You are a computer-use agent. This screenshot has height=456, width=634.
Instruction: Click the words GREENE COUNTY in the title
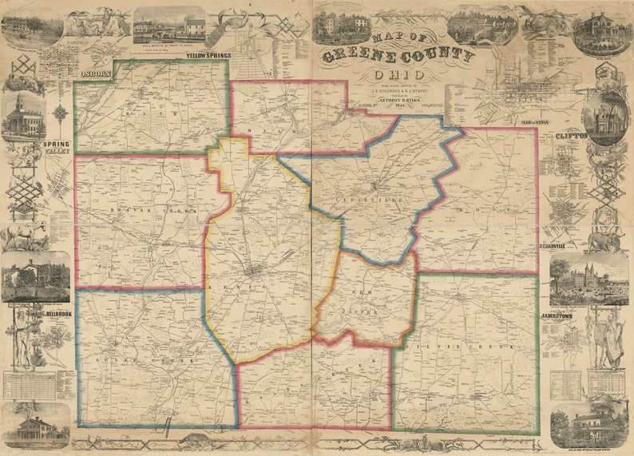pos(398,57)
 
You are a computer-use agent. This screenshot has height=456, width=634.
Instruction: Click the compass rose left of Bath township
pos(60,113)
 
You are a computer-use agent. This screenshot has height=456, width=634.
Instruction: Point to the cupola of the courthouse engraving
pos(21,103)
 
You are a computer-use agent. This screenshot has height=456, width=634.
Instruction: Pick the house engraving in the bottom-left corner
pos(36,427)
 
